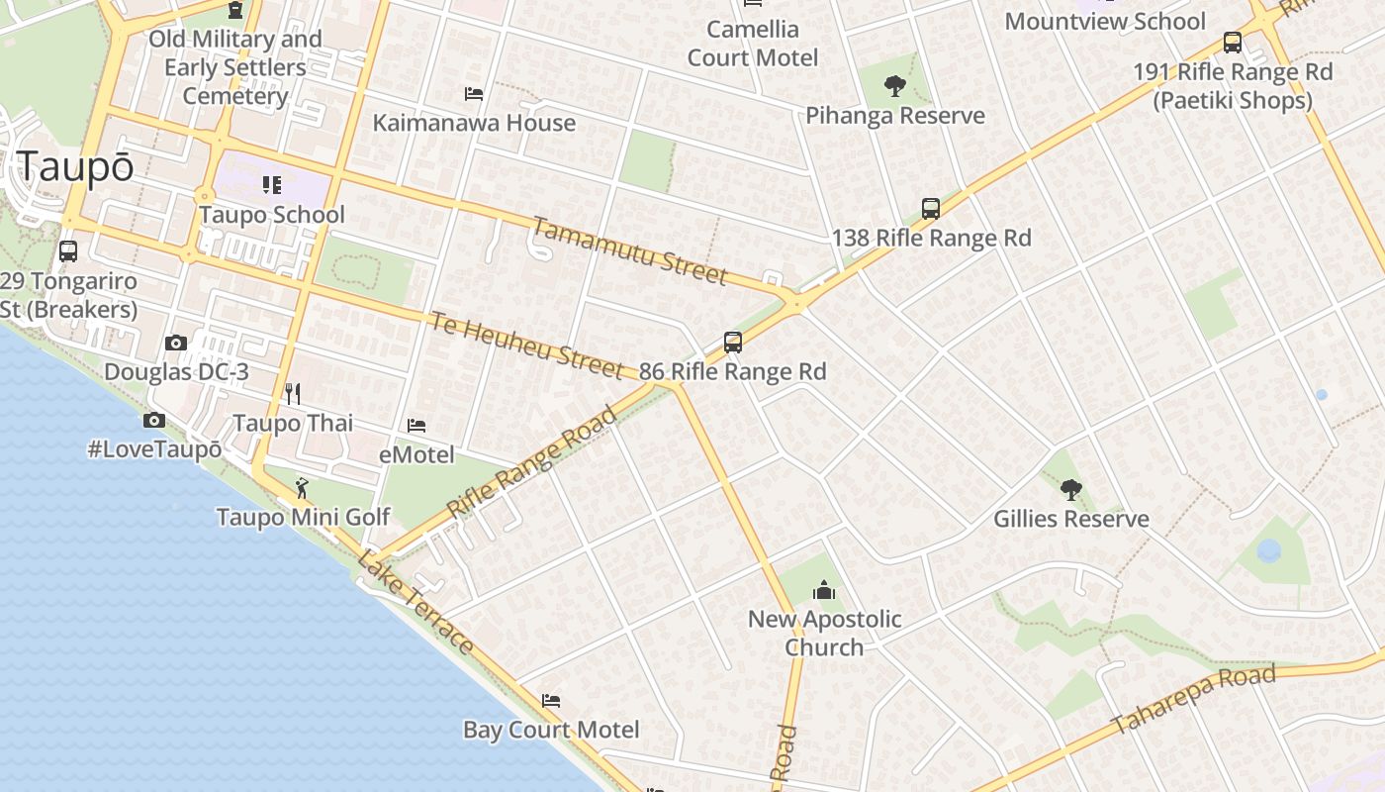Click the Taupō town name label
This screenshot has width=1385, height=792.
(x=75, y=166)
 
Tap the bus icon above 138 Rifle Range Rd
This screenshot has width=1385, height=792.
(x=930, y=208)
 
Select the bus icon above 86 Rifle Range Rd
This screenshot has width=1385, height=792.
(x=732, y=343)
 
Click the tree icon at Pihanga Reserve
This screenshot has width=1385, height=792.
(x=895, y=86)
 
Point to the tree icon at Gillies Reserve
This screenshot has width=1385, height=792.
(x=1070, y=489)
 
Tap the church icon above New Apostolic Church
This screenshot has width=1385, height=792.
(x=824, y=591)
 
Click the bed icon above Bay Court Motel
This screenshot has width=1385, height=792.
(x=551, y=701)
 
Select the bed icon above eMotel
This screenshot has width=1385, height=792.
(x=416, y=426)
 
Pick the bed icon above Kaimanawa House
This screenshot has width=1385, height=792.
(x=474, y=94)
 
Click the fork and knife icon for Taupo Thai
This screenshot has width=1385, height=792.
(x=292, y=394)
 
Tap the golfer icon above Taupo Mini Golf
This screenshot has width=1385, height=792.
(x=303, y=488)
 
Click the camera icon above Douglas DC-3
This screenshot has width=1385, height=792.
(x=176, y=343)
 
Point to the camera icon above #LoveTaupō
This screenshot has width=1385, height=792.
(x=153, y=420)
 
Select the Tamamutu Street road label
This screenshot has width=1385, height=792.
(x=630, y=249)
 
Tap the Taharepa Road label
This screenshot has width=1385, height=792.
(x=1193, y=699)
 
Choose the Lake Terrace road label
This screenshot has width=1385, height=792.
(x=415, y=604)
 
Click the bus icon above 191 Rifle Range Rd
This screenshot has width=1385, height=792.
(x=1232, y=43)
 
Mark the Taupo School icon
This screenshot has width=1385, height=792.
(x=271, y=185)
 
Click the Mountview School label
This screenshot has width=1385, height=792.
(x=1104, y=21)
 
